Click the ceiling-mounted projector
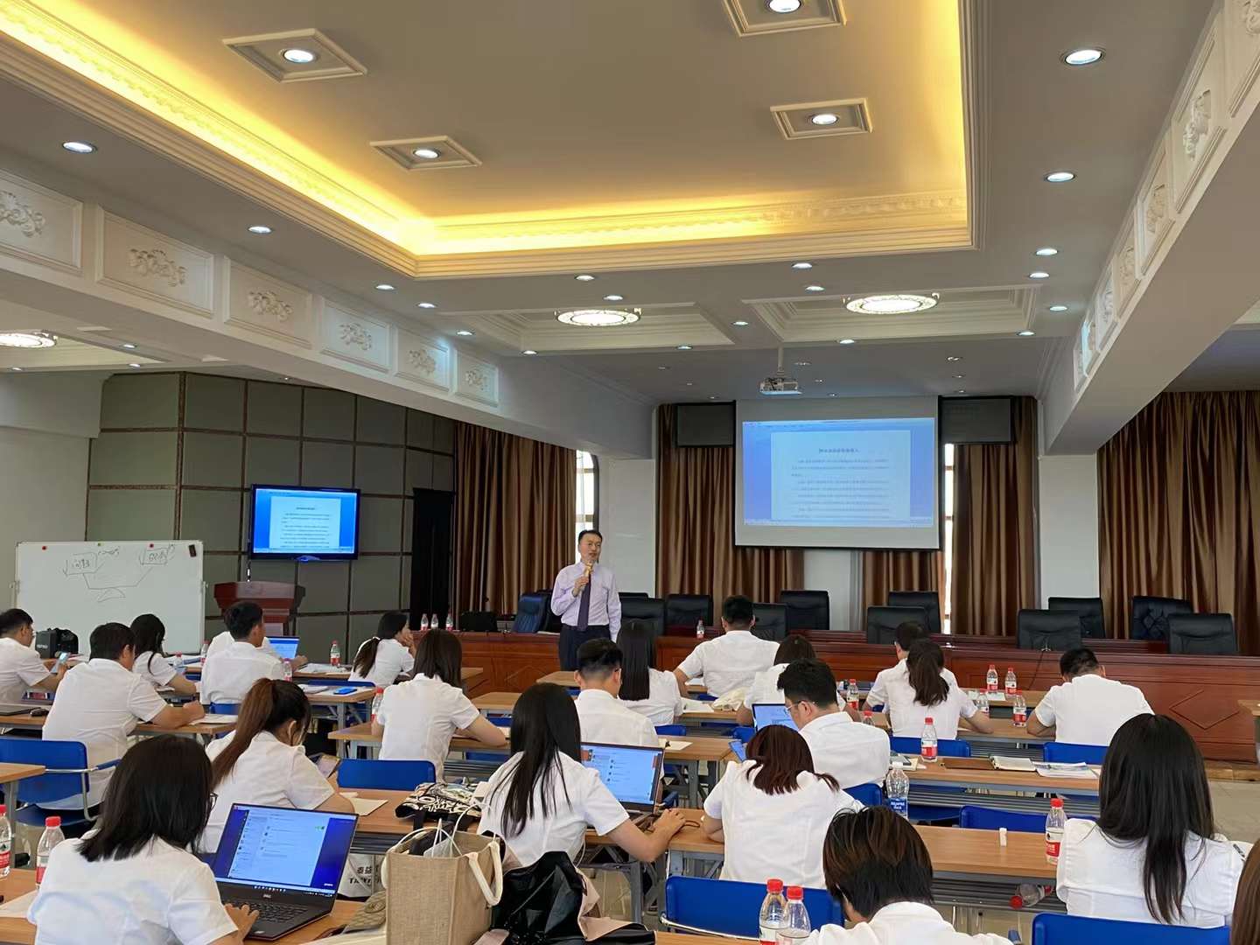click(x=780, y=384)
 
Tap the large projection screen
click(x=836, y=472)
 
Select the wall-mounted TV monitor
click(x=304, y=521)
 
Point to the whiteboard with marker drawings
click(x=108, y=584)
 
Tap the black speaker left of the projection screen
click(x=703, y=425)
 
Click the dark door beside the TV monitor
click(x=431, y=552)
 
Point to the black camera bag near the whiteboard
click(x=58, y=642)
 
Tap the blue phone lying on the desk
click(x=346, y=690)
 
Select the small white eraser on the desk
click(x=1003, y=837)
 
